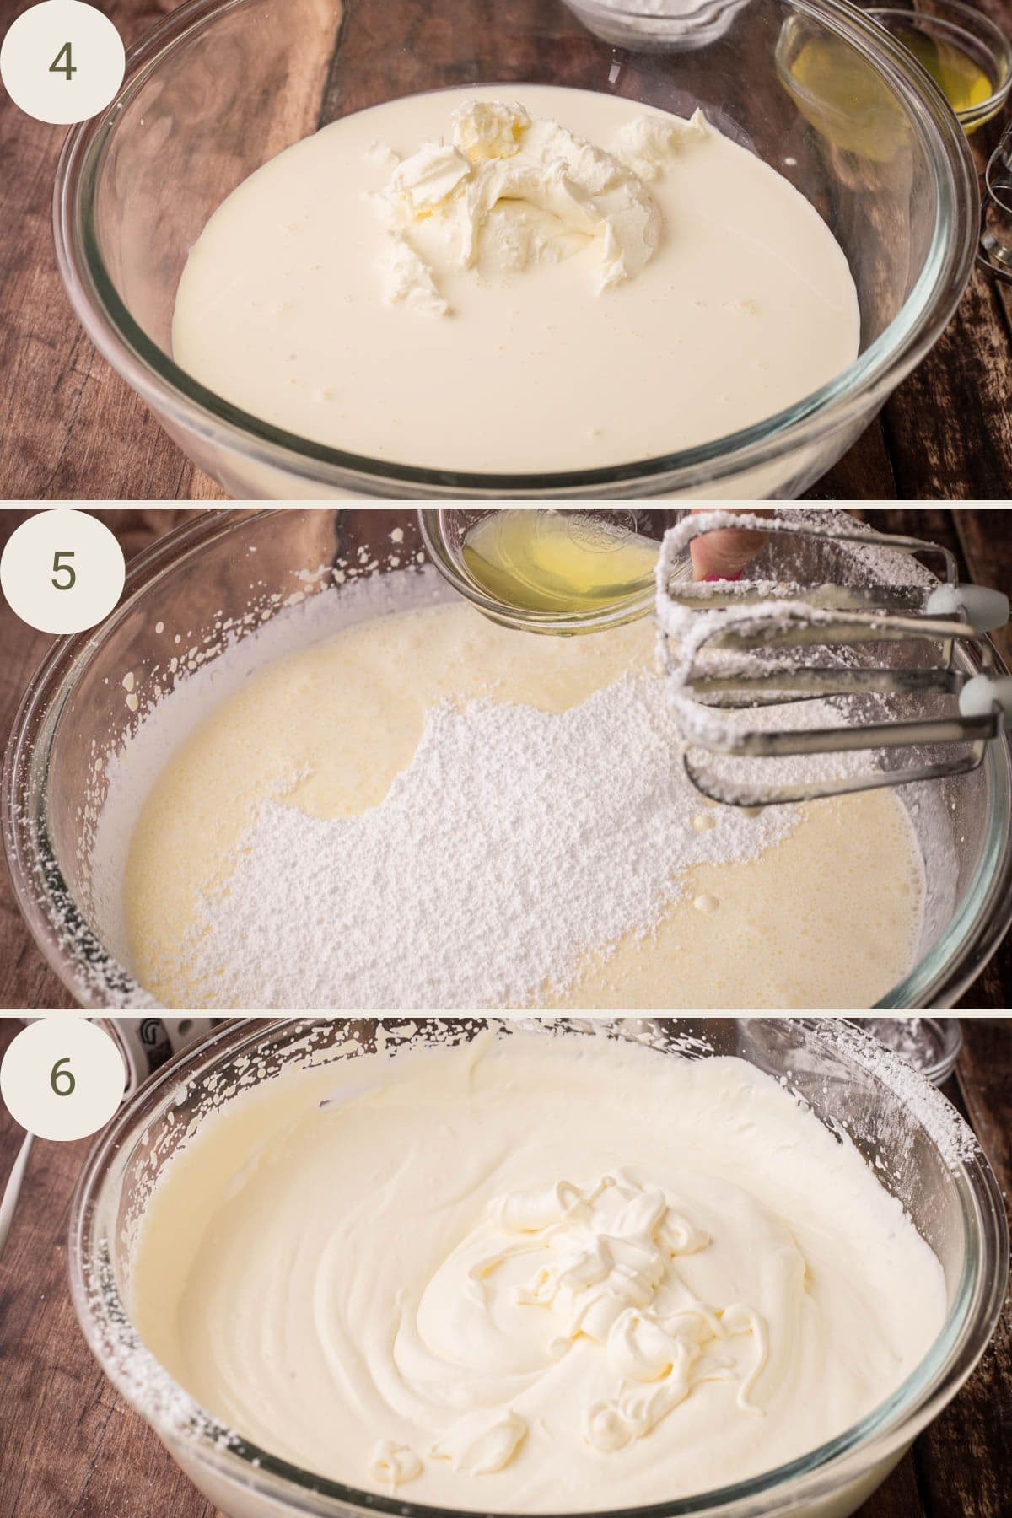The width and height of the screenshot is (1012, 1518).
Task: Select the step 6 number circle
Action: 63,1079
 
